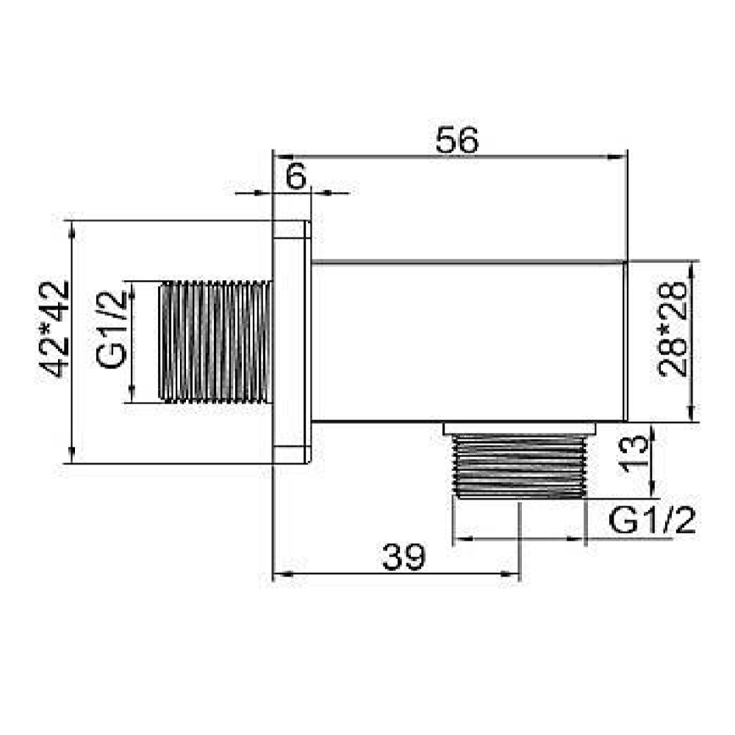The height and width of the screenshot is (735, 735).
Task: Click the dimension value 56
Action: pos(456,140)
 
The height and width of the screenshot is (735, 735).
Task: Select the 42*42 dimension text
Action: pos(56,328)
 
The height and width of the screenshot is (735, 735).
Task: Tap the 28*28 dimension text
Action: pos(673,341)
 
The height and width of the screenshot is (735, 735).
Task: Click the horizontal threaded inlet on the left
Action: pos(215,341)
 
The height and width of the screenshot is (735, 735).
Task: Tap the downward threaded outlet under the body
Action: pos(520,466)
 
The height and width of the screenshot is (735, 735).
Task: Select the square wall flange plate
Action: pos(290,342)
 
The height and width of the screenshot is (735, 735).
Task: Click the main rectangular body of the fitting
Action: pos(468,341)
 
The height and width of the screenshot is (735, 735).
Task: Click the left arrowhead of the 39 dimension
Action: pos(279,575)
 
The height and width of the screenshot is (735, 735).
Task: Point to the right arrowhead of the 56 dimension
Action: pos(620,156)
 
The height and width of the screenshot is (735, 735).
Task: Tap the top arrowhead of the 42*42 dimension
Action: pos(71,228)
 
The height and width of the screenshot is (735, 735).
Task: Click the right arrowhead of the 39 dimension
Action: pos(514,575)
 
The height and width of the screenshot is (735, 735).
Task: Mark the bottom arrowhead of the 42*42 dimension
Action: pos(71,456)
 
